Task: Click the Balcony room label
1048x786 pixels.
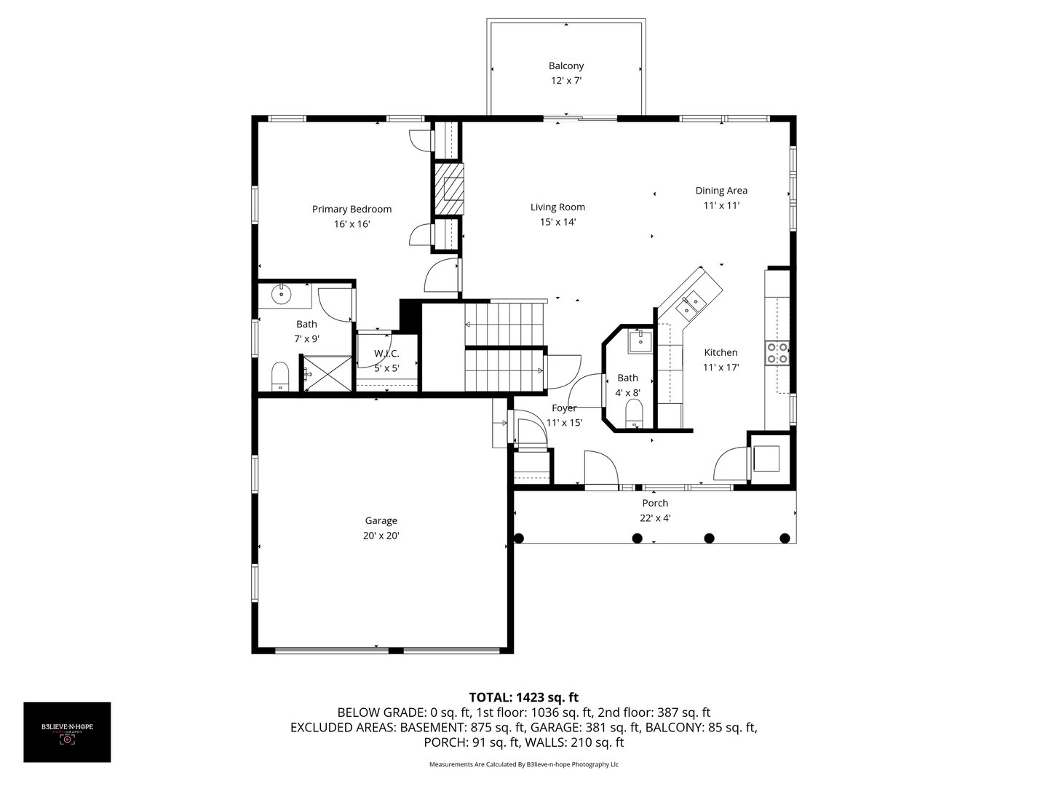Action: [x=565, y=66]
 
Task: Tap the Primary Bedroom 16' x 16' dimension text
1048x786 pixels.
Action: [x=352, y=224]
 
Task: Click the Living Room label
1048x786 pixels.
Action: [x=557, y=207]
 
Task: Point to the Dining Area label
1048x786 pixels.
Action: [x=720, y=191]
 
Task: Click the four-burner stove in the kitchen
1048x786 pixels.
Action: [x=777, y=353]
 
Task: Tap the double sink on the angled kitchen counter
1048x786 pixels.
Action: [x=690, y=303]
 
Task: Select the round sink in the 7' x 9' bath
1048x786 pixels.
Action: [x=281, y=295]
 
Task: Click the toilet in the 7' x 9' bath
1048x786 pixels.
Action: [x=280, y=376]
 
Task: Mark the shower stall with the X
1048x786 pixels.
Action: [x=326, y=374]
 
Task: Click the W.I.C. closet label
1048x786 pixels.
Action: [x=386, y=354]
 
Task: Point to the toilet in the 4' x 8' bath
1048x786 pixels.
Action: [x=635, y=413]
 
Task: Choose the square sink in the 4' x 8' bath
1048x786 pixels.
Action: [x=641, y=341]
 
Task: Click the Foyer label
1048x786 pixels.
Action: [x=564, y=408]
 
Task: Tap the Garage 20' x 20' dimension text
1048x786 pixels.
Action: [x=381, y=536]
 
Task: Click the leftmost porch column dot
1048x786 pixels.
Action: [x=519, y=539]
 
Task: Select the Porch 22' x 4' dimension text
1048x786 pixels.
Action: [x=655, y=518]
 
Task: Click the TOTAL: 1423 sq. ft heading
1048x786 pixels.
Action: [x=523, y=697]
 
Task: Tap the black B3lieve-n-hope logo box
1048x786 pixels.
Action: [x=67, y=732]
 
